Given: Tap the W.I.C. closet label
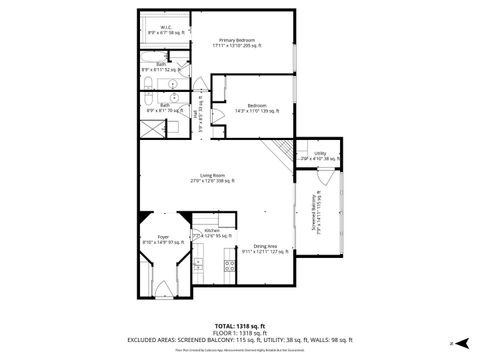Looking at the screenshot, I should pos(165,30).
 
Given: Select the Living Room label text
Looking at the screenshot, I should pos(211,178).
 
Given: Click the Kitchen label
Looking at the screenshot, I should pos(212,232).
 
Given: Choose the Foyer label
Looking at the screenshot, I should pos(162,238).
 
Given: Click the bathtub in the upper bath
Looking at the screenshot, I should pos(153,68).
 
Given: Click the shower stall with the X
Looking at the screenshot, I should pos(151,127).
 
